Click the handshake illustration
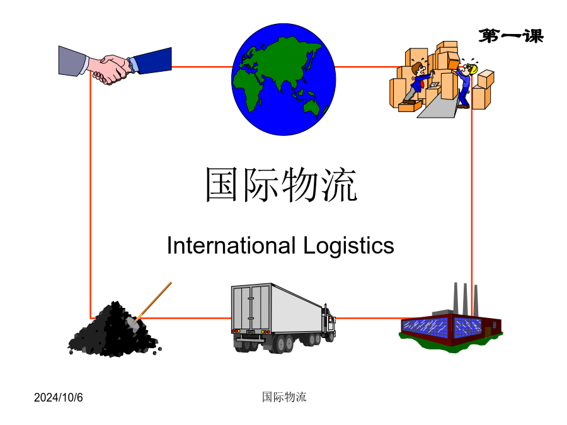tap(115, 65)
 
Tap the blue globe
tap(284, 79)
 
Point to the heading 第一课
tap(512, 36)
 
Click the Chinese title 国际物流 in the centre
tap(282, 184)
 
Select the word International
tap(231, 246)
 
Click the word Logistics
tap(348, 246)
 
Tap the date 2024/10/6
tap(58, 397)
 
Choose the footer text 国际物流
tap(284, 397)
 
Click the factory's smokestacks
tap(466, 300)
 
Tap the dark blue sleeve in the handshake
tap(152, 60)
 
